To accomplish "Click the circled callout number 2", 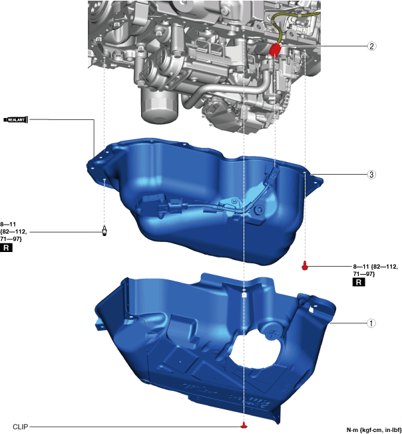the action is (371, 46).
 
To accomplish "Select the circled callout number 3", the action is (371, 175).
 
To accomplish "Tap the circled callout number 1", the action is (371, 323).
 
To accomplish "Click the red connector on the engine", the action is (275, 51).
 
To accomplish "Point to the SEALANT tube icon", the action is (16, 119).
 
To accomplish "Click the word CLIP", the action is (21, 427).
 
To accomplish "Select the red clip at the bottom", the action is (244, 425).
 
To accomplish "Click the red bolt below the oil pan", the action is (304, 265).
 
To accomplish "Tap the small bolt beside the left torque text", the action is (104, 231).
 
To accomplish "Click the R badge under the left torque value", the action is (6, 248).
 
